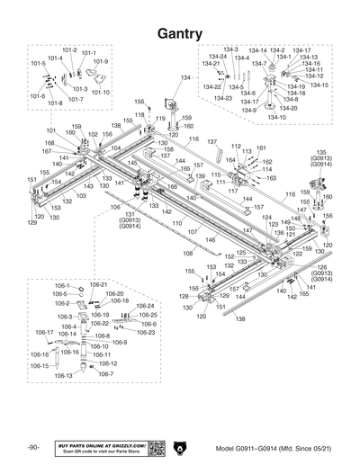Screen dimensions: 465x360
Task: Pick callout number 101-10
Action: coord(100,92)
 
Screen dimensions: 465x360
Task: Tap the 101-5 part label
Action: coord(38,64)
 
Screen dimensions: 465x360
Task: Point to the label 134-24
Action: coord(217,57)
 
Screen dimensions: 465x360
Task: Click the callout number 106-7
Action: coord(106,373)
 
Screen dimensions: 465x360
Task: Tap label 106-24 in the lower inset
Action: coord(145,307)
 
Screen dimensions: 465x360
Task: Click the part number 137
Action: coord(213,142)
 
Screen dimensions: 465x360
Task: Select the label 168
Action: coord(49,143)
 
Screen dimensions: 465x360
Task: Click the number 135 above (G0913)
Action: coord(321,153)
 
